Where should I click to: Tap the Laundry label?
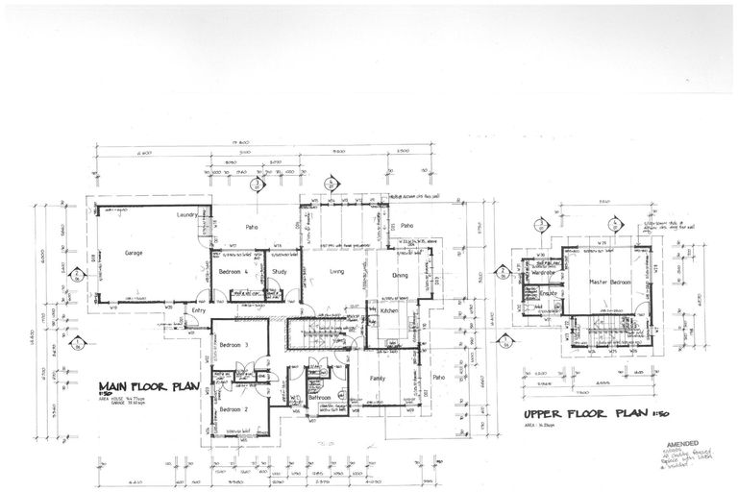click(x=187, y=215)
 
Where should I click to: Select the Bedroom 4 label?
click(x=234, y=272)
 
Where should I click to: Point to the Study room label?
click(x=280, y=272)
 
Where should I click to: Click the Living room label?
click(x=336, y=272)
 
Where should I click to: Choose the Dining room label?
click(x=401, y=275)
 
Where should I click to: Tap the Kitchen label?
click(x=389, y=312)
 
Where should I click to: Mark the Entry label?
click(x=199, y=310)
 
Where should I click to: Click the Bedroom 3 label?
click(x=234, y=345)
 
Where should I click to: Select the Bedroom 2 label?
click(x=234, y=410)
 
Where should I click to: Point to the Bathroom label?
click(x=319, y=397)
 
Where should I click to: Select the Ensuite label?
click(x=549, y=292)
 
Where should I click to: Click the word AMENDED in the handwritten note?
click(x=683, y=446)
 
